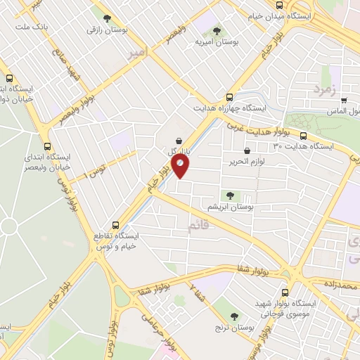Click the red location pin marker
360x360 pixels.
[180, 165]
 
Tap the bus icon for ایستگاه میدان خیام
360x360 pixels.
[280, 5]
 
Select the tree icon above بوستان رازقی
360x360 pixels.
[106, 19]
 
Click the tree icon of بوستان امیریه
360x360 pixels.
[216, 30]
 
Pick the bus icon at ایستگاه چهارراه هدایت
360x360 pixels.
[229, 98]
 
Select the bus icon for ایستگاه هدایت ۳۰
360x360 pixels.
[303, 136]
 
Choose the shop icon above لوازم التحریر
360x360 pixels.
[247, 151]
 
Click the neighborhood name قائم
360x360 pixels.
[199, 225]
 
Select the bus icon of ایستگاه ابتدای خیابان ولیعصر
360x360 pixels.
[47, 139]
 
